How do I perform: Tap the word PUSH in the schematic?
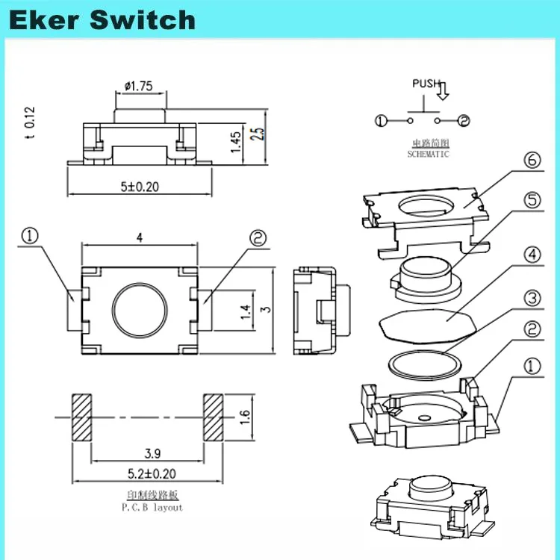(426, 84)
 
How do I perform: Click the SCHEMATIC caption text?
(428, 155)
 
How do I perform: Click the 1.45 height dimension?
(236, 140)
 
